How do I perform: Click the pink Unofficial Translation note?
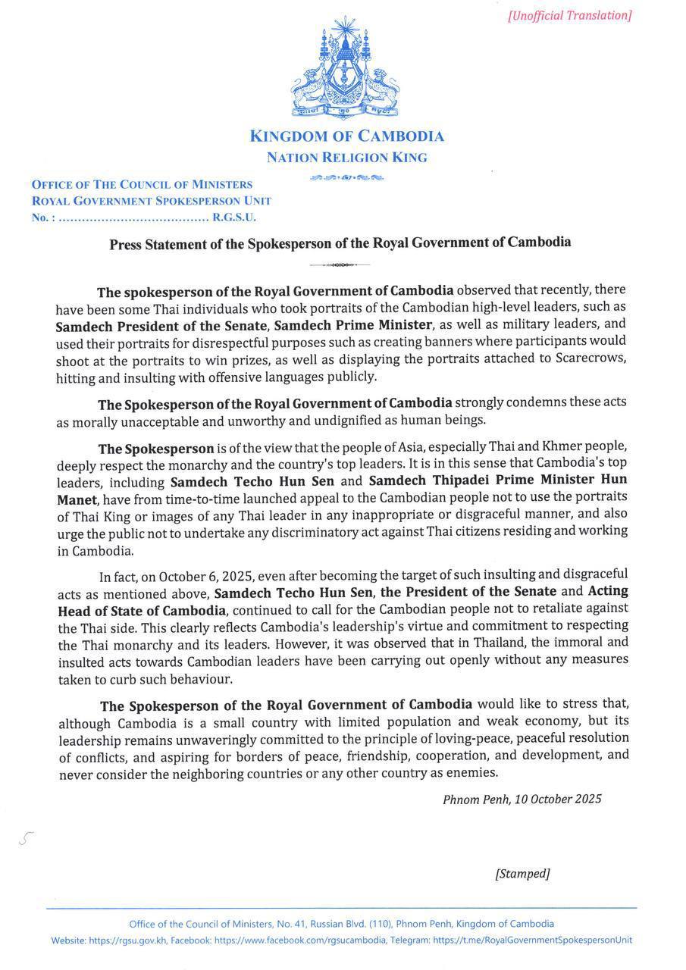pyautogui.click(x=569, y=15)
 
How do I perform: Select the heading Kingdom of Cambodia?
pyautogui.click(x=346, y=136)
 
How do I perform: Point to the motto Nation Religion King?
pyautogui.click(x=346, y=158)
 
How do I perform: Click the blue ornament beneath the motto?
pyautogui.click(x=346, y=178)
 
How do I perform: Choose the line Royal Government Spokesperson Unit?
pyautogui.click(x=151, y=201)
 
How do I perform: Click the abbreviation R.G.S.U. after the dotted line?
pyautogui.click(x=234, y=217)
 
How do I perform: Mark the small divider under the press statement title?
pyautogui.click(x=340, y=264)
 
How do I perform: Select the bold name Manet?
pyautogui.click(x=77, y=497)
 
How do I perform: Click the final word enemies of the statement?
pyautogui.click(x=472, y=773)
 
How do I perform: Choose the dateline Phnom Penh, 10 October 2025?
pyautogui.click(x=522, y=799)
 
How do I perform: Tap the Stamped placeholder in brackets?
pyautogui.click(x=522, y=874)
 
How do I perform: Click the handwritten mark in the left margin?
pyautogui.click(x=27, y=837)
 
